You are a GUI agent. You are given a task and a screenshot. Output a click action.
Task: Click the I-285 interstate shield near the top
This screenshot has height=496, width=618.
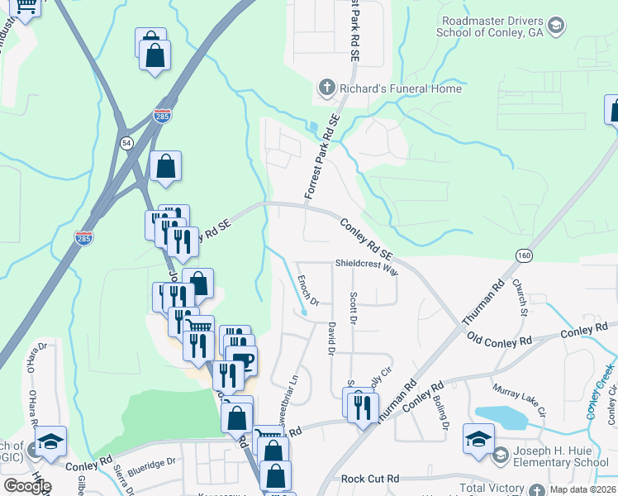pos(162,117)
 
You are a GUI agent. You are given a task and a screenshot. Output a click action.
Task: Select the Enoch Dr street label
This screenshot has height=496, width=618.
pos(302,289)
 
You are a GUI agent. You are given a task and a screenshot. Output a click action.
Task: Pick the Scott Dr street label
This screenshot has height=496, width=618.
pos(353,306)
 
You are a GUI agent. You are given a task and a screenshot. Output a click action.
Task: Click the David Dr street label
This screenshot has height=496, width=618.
pos(330,339)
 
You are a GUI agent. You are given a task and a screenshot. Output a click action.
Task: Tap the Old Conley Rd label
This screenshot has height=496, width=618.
pos(499,341)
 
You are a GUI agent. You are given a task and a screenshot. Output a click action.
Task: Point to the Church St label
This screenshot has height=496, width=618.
pos(519,298)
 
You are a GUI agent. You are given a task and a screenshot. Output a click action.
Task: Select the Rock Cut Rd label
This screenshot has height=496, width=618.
pos(369,479)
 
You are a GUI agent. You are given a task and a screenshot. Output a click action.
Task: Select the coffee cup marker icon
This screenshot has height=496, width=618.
pos(243,360)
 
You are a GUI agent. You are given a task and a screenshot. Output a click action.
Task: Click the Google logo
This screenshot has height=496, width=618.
pos(27,486)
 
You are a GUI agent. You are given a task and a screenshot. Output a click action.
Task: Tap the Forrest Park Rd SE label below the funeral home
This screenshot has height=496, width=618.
pos(322,156)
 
